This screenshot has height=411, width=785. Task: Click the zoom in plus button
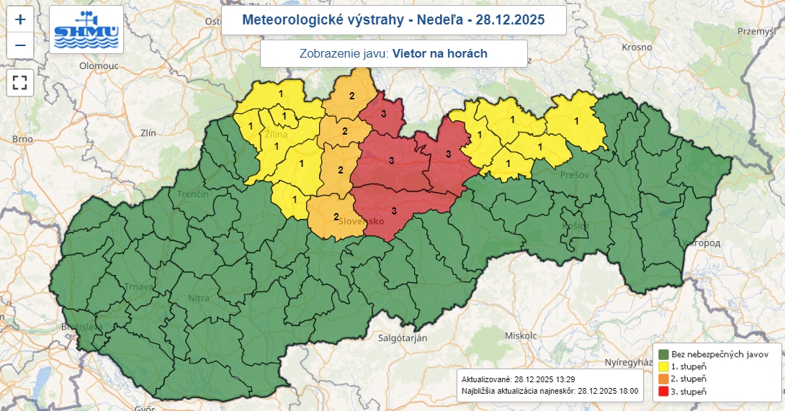pos(20,19)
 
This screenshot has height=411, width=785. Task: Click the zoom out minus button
pos(20,46)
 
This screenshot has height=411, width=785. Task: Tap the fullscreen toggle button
pos(20,82)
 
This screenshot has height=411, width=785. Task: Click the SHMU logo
pos(86,30)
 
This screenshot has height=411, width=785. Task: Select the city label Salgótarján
pos(403,338)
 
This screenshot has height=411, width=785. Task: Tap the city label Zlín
pos(149,133)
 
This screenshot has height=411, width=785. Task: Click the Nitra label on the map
pos(199,297)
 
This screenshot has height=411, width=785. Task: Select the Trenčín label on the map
pos(194,194)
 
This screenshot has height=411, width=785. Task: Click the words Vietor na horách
pos(440,53)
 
